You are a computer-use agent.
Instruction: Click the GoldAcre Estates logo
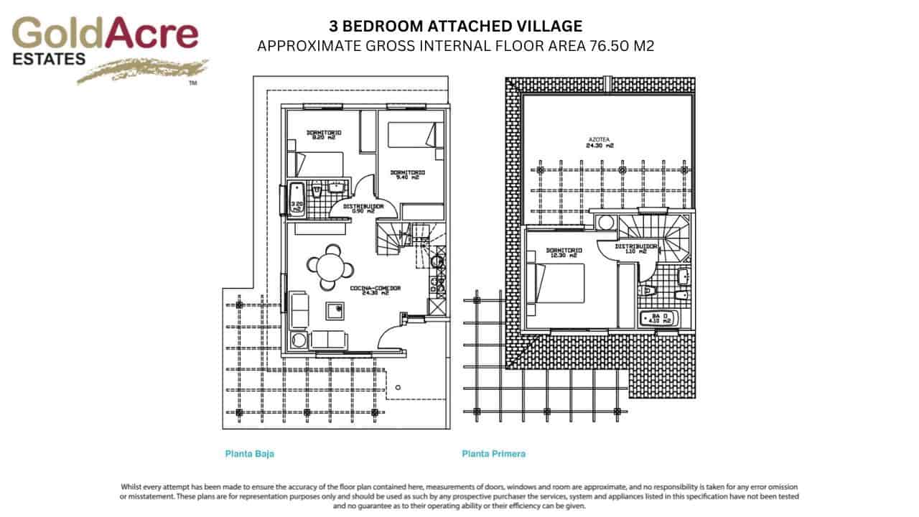pyautogui.click(x=106, y=50)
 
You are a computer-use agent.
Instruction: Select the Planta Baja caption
pyautogui.click(x=249, y=454)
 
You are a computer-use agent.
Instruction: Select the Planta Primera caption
pyautogui.click(x=493, y=454)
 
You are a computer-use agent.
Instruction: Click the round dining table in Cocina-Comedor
pyautogui.click(x=331, y=267)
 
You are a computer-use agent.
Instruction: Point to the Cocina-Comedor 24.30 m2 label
pyautogui.click(x=375, y=291)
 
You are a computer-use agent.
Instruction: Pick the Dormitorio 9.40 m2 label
pyautogui.click(x=407, y=174)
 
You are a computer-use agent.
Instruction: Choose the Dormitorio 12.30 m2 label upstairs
pyautogui.click(x=564, y=253)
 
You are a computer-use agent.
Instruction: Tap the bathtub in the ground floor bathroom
pyautogui.click(x=297, y=200)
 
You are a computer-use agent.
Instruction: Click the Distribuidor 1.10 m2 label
pyautogui.click(x=631, y=249)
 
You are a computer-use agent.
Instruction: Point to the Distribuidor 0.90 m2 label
pyautogui.click(x=363, y=208)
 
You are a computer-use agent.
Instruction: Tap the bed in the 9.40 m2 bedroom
pyautogui.click(x=412, y=136)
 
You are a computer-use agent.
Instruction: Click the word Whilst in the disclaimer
pyautogui.click(x=133, y=487)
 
